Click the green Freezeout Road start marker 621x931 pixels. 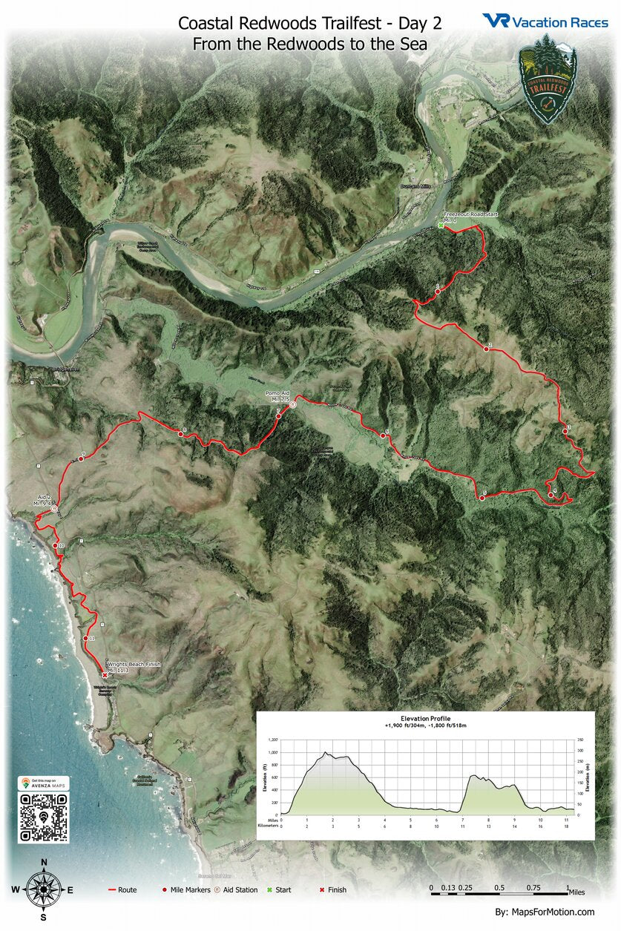point(440,226)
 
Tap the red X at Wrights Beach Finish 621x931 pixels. point(105,675)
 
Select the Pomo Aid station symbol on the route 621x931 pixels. point(293,404)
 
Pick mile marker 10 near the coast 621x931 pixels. point(56,546)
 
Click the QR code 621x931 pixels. point(44,817)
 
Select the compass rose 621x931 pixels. point(44,889)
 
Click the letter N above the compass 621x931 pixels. point(44,862)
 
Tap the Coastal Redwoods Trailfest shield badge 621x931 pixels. point(547,78)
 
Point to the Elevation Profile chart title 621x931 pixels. point(425,719)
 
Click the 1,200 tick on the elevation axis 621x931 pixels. point(274,740)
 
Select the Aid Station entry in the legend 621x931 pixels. point(234,889)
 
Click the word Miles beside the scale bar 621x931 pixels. point(581,888)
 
